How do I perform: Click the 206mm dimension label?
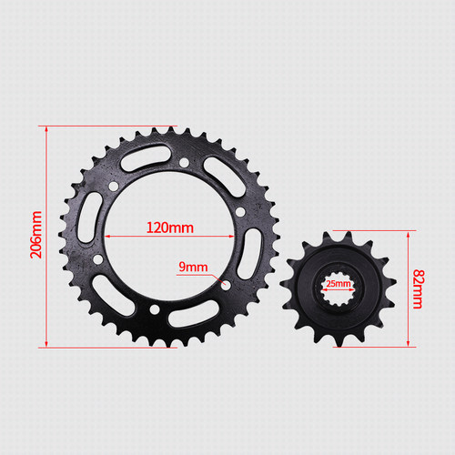pos(36,235)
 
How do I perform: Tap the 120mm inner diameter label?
pos(170,227)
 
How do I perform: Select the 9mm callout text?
pos(193,267)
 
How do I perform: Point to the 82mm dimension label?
pos(419,288)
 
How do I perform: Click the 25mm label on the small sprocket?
pos(339,284)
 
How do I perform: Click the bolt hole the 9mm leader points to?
pos(226,285)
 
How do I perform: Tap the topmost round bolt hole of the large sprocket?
pos(184,163)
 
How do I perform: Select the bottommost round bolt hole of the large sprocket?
pos(155,309)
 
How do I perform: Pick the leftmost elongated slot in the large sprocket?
pos(90,217)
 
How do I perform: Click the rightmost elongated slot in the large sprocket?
pos(249,254)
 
